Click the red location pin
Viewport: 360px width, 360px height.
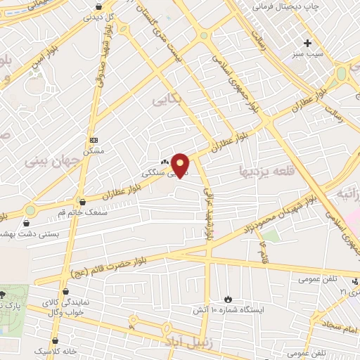181,164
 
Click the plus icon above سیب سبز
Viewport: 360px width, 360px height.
307,44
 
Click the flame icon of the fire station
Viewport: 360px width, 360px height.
228,299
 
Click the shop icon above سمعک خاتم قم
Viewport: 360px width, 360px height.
84,202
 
